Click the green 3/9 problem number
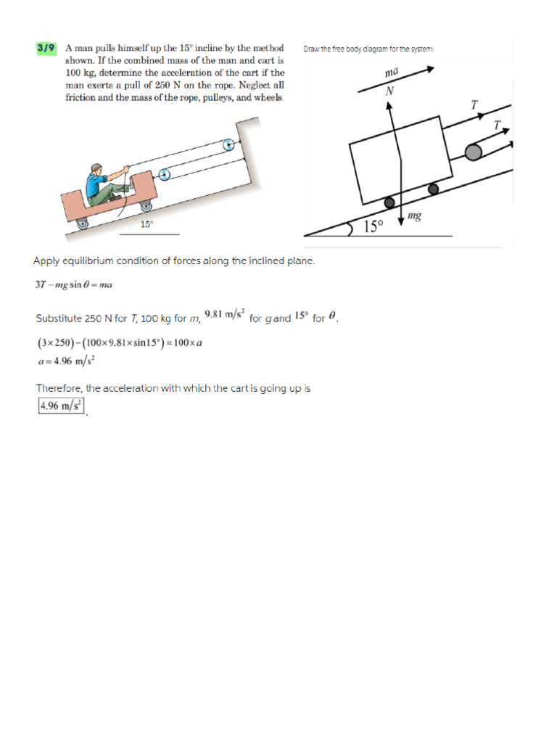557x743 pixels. (x=45, y=49)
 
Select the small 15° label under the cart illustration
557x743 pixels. (x=147, y=225)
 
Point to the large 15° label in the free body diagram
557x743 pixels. (x=372, y=226)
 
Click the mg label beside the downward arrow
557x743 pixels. (x=415, y=215)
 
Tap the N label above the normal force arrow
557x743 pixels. (x=389, y=91)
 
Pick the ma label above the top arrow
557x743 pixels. (x=392, y=74)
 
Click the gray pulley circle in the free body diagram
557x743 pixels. (x=474, y=152)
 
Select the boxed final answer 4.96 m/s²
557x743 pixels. (x=61, y=406)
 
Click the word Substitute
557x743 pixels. (x=58, y=319)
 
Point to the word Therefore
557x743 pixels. (x=59, y=388)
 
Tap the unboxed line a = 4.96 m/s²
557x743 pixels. (x=66, y=359)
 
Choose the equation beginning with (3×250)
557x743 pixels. (x=118, y=342)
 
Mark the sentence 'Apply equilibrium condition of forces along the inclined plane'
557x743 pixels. (x=174, y=261)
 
